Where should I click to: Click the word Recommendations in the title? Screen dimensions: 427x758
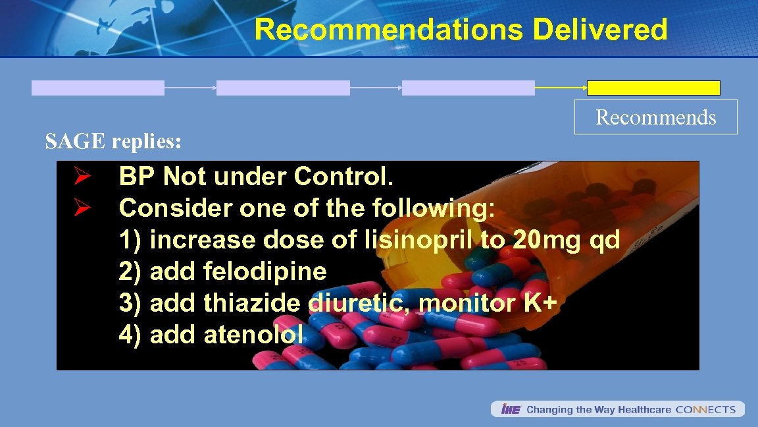click(x=388, y=30)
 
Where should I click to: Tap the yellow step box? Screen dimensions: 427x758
click(x=653, y=88)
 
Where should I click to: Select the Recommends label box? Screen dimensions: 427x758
click(x=656, y=117)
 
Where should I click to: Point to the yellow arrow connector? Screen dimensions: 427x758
click(x=561, y=88)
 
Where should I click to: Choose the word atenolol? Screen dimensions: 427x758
click(x=253, y=335)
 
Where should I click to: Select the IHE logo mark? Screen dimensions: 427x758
click(x=510, y=409)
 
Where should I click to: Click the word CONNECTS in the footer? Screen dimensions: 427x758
click(x=705, y=409)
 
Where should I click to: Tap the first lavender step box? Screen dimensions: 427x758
click(x=98, y=88)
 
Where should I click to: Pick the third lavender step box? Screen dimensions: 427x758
click(x=468, y=88)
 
